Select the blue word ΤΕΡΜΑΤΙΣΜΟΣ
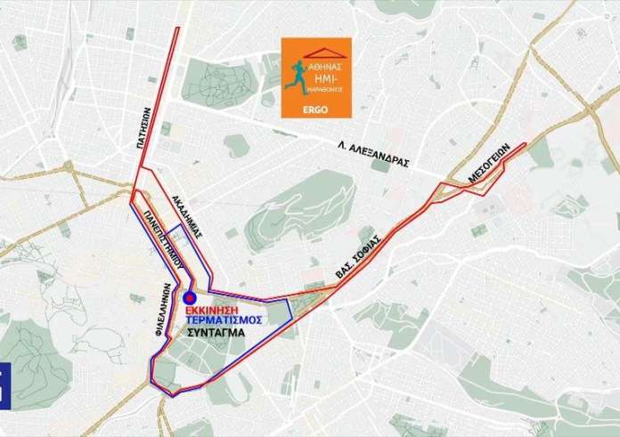[224, 320]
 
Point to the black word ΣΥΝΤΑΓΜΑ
[216, 333]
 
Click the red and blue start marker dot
[189, 298]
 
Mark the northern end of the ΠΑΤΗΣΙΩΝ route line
[176, 28]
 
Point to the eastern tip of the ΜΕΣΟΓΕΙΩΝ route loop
[526, 142]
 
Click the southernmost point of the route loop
[170, 392]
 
